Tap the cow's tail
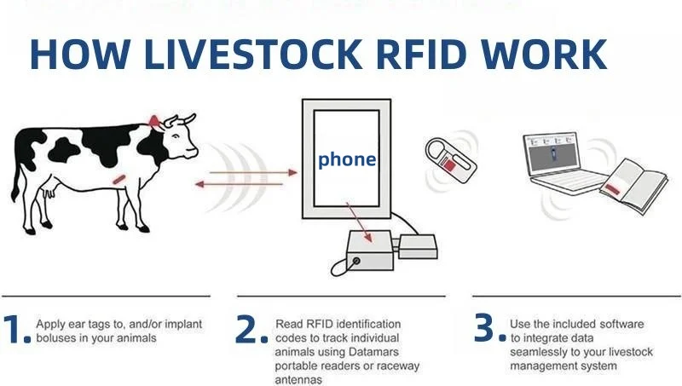[16, 179]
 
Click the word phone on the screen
[346, 159]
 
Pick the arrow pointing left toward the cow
[239, 184]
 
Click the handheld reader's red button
[447, 166]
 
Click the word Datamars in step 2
[378, 352]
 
